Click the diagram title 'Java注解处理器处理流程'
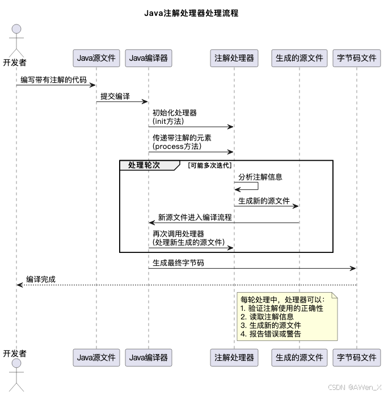(x=191, y=13)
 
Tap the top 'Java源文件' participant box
(x=96, y=58)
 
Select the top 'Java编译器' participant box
(x=149, y=58)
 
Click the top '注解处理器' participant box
(x=234, y=58)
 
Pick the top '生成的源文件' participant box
(x=299, y=58)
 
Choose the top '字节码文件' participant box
(x=357, y=58)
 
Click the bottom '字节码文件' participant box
(x=357, y=357)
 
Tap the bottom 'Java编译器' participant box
(x=149, y=357)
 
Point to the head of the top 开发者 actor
(x=16, y=28)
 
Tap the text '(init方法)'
(x=168, y=122)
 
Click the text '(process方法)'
(x=177, y=147)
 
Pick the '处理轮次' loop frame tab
(x=144, y=165)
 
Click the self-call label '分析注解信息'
(x=260, y=177)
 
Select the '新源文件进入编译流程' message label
(x=195, y=217)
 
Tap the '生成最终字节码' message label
(x=178, y=263)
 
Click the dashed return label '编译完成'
(x=41, y=280)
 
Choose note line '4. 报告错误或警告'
(x=271, y=334)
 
